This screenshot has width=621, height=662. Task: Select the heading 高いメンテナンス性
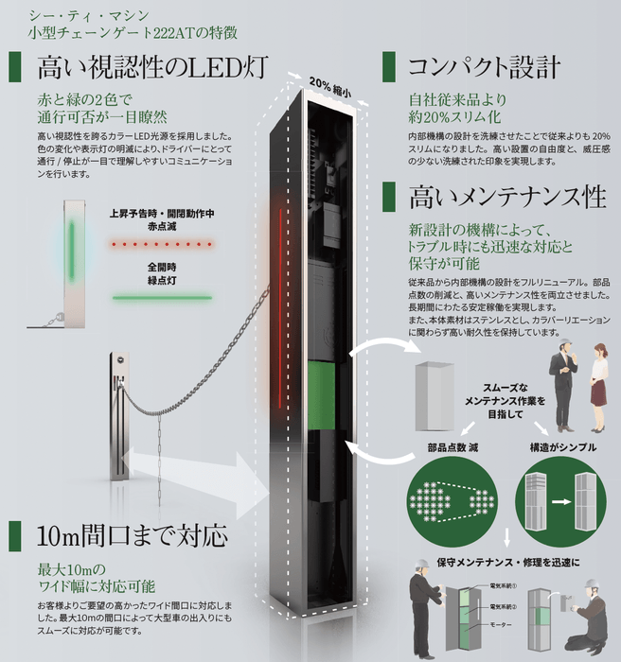point(506,197)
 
